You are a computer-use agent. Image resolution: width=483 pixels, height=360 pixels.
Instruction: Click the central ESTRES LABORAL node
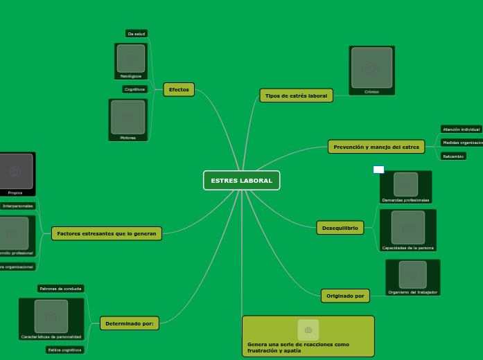pos(241,181)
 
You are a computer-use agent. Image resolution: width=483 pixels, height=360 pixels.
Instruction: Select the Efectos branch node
pos(179,89)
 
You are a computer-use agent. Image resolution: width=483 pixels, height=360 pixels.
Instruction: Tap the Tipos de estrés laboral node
pos(296,96)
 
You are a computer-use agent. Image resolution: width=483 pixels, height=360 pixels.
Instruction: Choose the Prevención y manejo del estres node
pos(376,147)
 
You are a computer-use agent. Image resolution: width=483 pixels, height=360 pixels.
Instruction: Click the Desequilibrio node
pos(340,228)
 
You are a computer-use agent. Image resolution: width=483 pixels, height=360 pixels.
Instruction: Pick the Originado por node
pos(345,296)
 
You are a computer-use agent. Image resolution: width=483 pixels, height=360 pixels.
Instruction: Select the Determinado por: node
pos(130,323)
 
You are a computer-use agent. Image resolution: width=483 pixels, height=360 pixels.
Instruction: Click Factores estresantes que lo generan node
pos(107,233)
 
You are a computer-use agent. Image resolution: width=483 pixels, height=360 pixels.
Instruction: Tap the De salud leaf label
pos(137,33)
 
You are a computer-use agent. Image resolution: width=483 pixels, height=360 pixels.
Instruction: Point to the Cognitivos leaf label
pos(134,89)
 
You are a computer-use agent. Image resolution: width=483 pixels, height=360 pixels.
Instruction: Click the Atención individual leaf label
pos(461,129)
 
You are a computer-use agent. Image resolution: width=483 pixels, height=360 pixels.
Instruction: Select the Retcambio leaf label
pos(453,156)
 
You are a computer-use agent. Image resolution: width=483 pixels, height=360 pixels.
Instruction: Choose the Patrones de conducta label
pos(61,288)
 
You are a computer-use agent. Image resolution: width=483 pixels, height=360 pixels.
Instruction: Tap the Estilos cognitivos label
pos(64,350)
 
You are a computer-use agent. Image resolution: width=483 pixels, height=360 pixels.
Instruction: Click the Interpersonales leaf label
pos(18,206)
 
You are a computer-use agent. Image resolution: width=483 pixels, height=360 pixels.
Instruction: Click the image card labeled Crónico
pos(372,71)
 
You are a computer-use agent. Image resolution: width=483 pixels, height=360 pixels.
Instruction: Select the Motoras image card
pos(128,120)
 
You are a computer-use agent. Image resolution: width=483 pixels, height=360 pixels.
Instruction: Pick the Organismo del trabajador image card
pos(412,277)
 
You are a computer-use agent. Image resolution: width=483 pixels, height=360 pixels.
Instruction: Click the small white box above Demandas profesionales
pos(378,170)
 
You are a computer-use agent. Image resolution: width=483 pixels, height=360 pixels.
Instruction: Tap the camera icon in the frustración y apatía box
pos(308,330)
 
